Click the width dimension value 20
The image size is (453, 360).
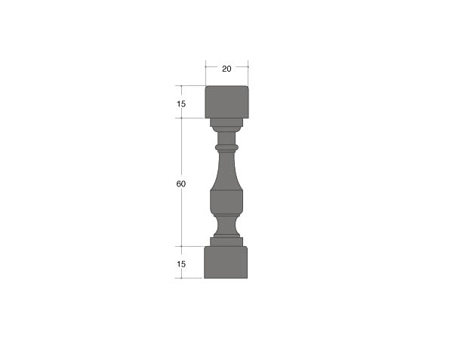(x=226, y=69)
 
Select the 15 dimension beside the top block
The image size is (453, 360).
(x=181, y=103)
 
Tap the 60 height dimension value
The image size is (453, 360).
(x=181, y=184)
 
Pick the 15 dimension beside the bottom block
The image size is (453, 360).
(x=181, y=264)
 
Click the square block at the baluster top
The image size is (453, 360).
(x=226, y=101)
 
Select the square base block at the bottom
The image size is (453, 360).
(x=226, y=262)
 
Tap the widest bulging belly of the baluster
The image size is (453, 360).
(x=226, y=201)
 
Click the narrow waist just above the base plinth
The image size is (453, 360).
(x=226, y=225)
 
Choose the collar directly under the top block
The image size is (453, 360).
(x=226, y=122)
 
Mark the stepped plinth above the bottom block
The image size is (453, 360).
(x=226, y=242)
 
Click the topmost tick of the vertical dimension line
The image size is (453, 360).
(x=181, y=85)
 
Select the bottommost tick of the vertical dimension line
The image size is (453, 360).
(x=181, y=278)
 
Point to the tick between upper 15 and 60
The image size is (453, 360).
(x=181, y=118)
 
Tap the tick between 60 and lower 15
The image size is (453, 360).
(x=181, y=246)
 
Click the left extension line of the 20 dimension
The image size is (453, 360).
(x=205, y=72)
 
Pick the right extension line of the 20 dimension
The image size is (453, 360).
(x=248, y=72)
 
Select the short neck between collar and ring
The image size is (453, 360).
(x=226, y=137)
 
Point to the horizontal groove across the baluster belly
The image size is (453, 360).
(x=226, y=190)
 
